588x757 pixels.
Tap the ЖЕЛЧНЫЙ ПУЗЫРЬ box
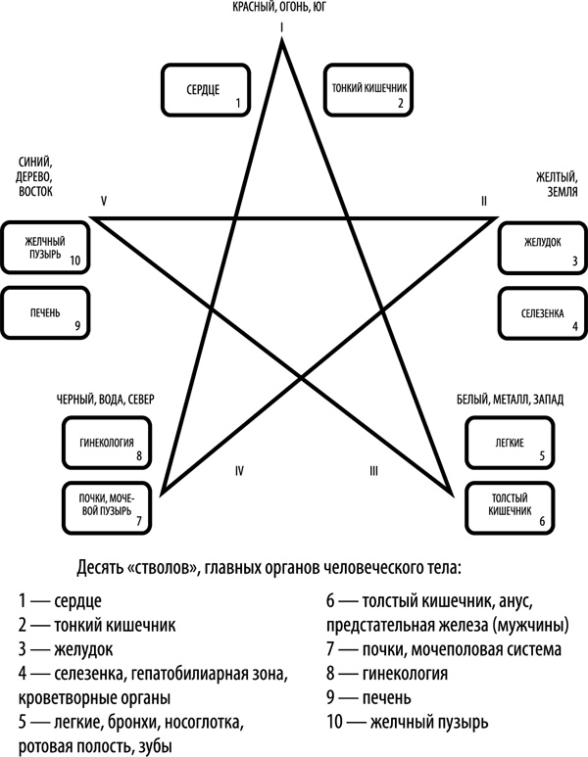click(45, 248)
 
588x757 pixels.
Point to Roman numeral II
click(483, 201)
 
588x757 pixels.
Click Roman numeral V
click(103, 201)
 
